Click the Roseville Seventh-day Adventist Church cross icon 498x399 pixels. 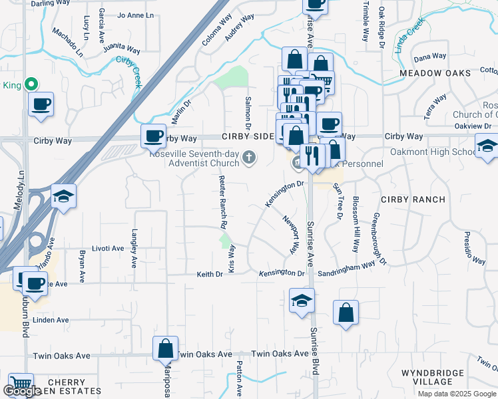click(249, 158)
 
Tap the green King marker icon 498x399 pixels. click(30, 84)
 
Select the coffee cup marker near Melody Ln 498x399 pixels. click(41, 104)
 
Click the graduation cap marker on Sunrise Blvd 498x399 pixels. click(302, 301)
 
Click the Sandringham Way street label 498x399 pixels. click(346, 268)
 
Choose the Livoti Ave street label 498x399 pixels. click(108, 249)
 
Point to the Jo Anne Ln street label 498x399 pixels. click(134, 15)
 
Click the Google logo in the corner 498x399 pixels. click(21, 391)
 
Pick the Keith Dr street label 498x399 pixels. click(209, 274)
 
